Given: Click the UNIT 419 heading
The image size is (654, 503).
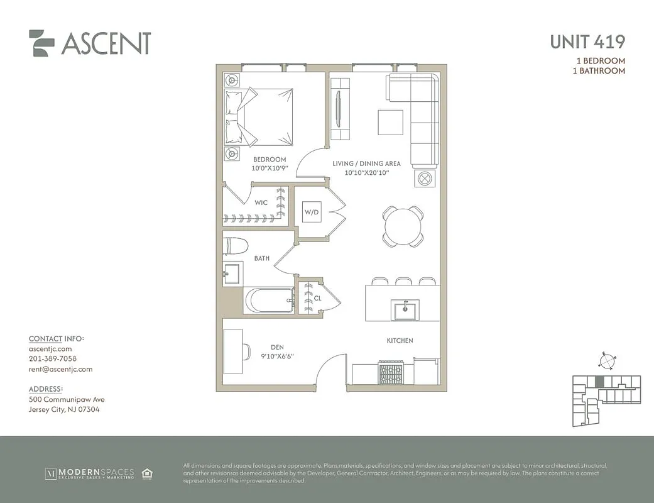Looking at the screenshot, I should (587, 42).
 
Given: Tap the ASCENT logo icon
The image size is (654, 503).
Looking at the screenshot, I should (42, 43).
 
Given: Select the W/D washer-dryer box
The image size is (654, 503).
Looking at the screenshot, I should (312, 212).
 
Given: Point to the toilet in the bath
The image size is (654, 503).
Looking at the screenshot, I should (236, 245).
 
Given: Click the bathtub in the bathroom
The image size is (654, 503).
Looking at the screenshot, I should (269, 301).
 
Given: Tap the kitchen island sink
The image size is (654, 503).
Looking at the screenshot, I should (405, 310).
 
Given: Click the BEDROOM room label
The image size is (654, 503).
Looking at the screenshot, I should (270, 160).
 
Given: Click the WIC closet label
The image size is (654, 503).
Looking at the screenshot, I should (261, 202).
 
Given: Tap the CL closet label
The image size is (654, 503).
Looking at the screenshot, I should (318, 299).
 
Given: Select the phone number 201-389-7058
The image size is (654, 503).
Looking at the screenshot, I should (53, 359).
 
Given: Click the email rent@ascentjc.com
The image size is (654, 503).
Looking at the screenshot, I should (60, 369).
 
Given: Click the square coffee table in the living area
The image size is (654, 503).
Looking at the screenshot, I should (390, 122).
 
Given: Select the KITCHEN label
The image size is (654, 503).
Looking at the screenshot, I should (400, 340).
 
